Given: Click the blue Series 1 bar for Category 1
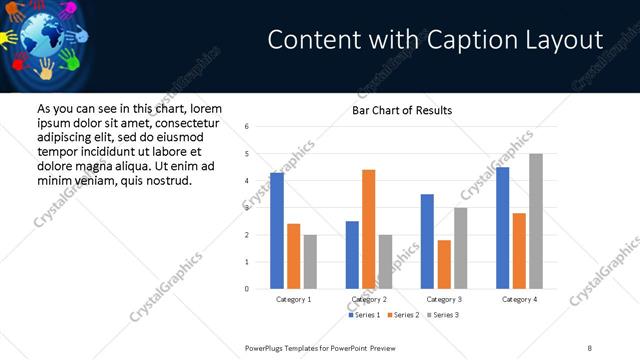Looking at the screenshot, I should click(277, 231).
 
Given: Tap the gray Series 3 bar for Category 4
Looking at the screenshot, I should click(536, 221).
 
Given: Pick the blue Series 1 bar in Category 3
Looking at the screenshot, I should click(427, 241).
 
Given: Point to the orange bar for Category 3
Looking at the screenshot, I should click(444, 264).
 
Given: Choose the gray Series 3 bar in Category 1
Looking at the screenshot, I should click(310, 262).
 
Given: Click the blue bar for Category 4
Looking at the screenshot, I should click(502, 228).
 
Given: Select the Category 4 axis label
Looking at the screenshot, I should click(519, 299).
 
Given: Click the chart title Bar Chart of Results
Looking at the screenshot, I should click(402, 110).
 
